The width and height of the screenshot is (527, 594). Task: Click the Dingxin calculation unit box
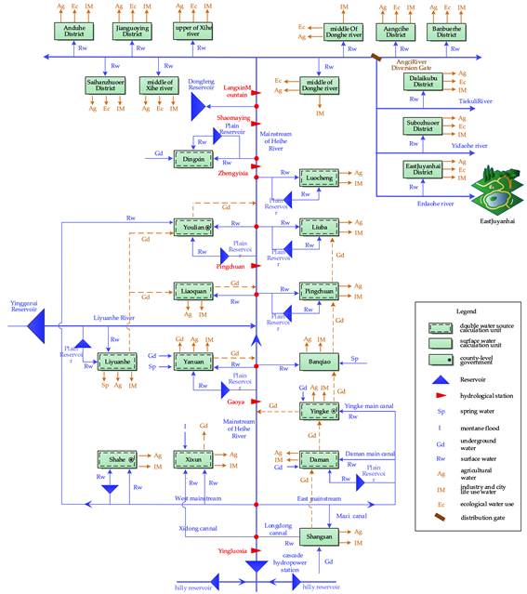click(193, 160)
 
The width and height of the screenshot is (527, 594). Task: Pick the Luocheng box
click(319, 177)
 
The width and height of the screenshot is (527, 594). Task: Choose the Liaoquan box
click(193, 292)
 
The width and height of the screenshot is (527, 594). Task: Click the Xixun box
click(193, 458)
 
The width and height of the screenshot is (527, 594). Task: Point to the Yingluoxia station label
click(231, 550)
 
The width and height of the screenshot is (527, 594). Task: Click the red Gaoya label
click(235, 402)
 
